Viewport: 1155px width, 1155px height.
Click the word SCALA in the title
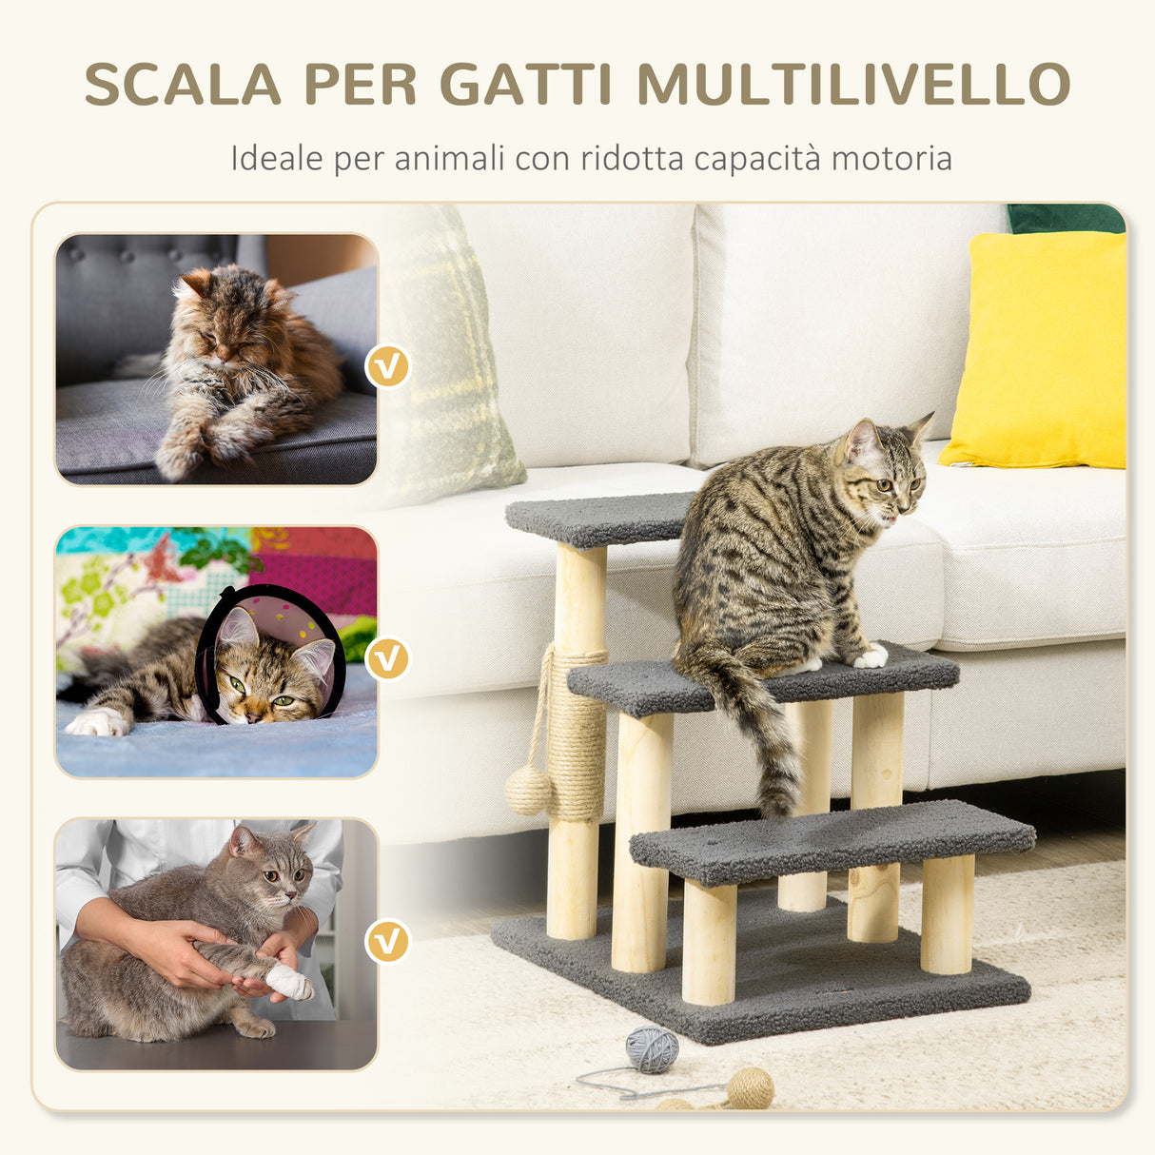(x=183, y=85)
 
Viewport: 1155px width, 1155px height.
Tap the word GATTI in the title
(x=526, y=85)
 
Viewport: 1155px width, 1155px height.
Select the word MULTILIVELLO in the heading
(x=853, y=85)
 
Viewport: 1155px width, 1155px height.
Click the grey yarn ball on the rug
(x=652, y=1049)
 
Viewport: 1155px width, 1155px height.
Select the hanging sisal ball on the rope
(x=528, y=791)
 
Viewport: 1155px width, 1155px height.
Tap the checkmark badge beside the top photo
(x=388, y=365)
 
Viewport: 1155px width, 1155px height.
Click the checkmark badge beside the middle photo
(x=388, y=658)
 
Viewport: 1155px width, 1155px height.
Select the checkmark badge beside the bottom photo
(x=388, y=941)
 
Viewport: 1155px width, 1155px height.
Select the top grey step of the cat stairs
(x=599, y=519)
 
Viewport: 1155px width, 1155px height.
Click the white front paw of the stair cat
(x=871, y=656)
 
